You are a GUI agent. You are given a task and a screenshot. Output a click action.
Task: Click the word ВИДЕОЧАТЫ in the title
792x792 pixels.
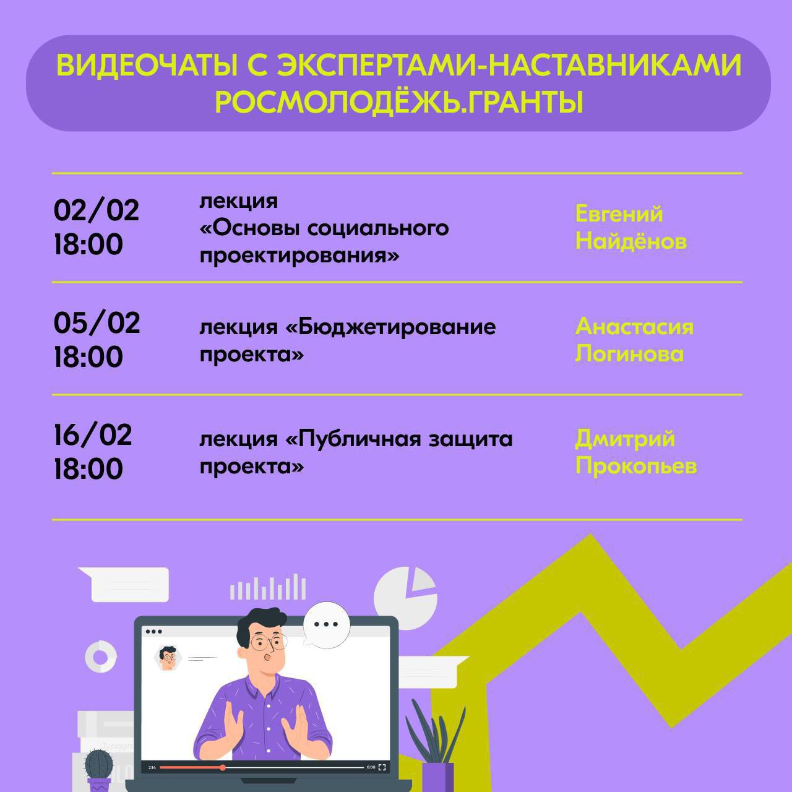point(147,65)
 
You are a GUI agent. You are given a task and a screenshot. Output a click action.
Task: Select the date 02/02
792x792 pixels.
point(97,211)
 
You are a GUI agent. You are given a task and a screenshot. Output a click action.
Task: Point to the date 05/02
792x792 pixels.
point(97,323)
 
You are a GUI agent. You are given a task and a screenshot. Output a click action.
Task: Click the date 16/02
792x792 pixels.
point(93,435)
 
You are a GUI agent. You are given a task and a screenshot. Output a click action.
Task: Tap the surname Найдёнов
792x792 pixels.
point(631,241)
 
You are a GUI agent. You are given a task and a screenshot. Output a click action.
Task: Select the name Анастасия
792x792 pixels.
point(634,327)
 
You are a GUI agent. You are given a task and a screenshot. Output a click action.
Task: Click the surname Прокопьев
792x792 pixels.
point(636,467)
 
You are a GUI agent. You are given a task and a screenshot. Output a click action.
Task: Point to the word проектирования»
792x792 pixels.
point(299,256)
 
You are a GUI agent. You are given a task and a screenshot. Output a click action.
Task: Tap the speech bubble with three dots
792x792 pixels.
point(326,625)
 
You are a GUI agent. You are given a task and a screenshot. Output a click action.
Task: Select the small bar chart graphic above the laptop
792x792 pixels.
point(267,587)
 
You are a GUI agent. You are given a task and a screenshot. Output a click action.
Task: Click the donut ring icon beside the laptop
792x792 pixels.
point(101,657)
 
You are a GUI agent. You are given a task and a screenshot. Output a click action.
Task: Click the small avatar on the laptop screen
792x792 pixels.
point(167,658)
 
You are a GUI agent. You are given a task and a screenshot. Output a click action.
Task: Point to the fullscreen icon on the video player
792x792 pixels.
point(382,767)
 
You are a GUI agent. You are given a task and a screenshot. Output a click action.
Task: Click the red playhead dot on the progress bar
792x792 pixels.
point(222,767)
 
